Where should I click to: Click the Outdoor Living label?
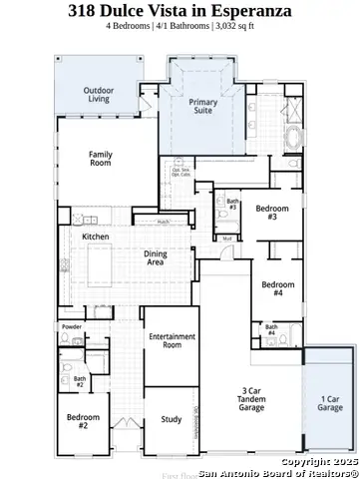coord(99,96)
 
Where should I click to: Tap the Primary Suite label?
coord(203,107)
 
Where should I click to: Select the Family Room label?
coord(100,159)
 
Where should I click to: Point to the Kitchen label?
coord(95,237)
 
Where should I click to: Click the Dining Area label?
coord(156,257)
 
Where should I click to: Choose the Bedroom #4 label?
coord(279,290)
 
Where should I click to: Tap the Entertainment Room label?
coord(172,342)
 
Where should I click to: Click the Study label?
coord(171,419)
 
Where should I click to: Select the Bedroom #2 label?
coord(85,422)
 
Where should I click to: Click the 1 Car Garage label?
coord(329,403)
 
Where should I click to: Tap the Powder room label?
coord(71,327)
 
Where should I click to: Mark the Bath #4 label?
coord(271,330)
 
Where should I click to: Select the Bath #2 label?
coord(80,380)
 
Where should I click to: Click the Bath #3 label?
coord(232,204)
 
